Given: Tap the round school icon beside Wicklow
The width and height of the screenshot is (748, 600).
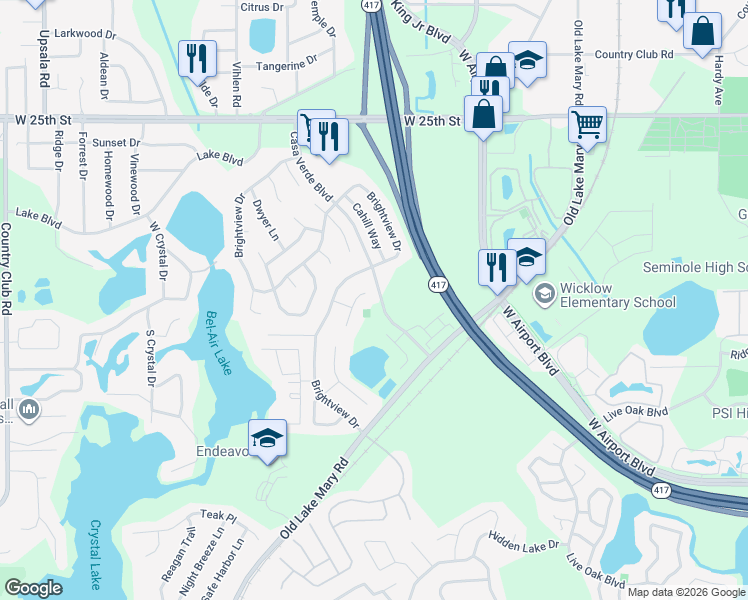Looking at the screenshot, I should pyautogui.click(x=544, y=293).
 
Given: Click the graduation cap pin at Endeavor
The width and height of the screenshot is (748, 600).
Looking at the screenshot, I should pyautogui.click(x=267, y=439).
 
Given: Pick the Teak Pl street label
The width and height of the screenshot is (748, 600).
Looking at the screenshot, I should pyautogui.click(x=217, y=514).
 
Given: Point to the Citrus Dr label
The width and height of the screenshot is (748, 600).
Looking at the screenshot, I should pyautogui.click(x=262, y=7).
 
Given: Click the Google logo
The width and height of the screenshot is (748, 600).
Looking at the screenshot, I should pyautogui.click(x=33, y=587).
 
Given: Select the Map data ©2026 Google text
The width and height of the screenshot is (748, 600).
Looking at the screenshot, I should pyautogui.click(x=685, y=592).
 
